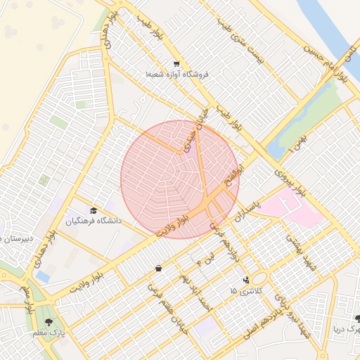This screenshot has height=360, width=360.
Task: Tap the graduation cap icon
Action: pos(94,210)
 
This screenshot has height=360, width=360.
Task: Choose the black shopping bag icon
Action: pos(157,268)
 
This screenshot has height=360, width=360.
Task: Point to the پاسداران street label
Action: pos(249,209)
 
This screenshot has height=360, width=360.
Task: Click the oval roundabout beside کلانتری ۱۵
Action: pos(259,278)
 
